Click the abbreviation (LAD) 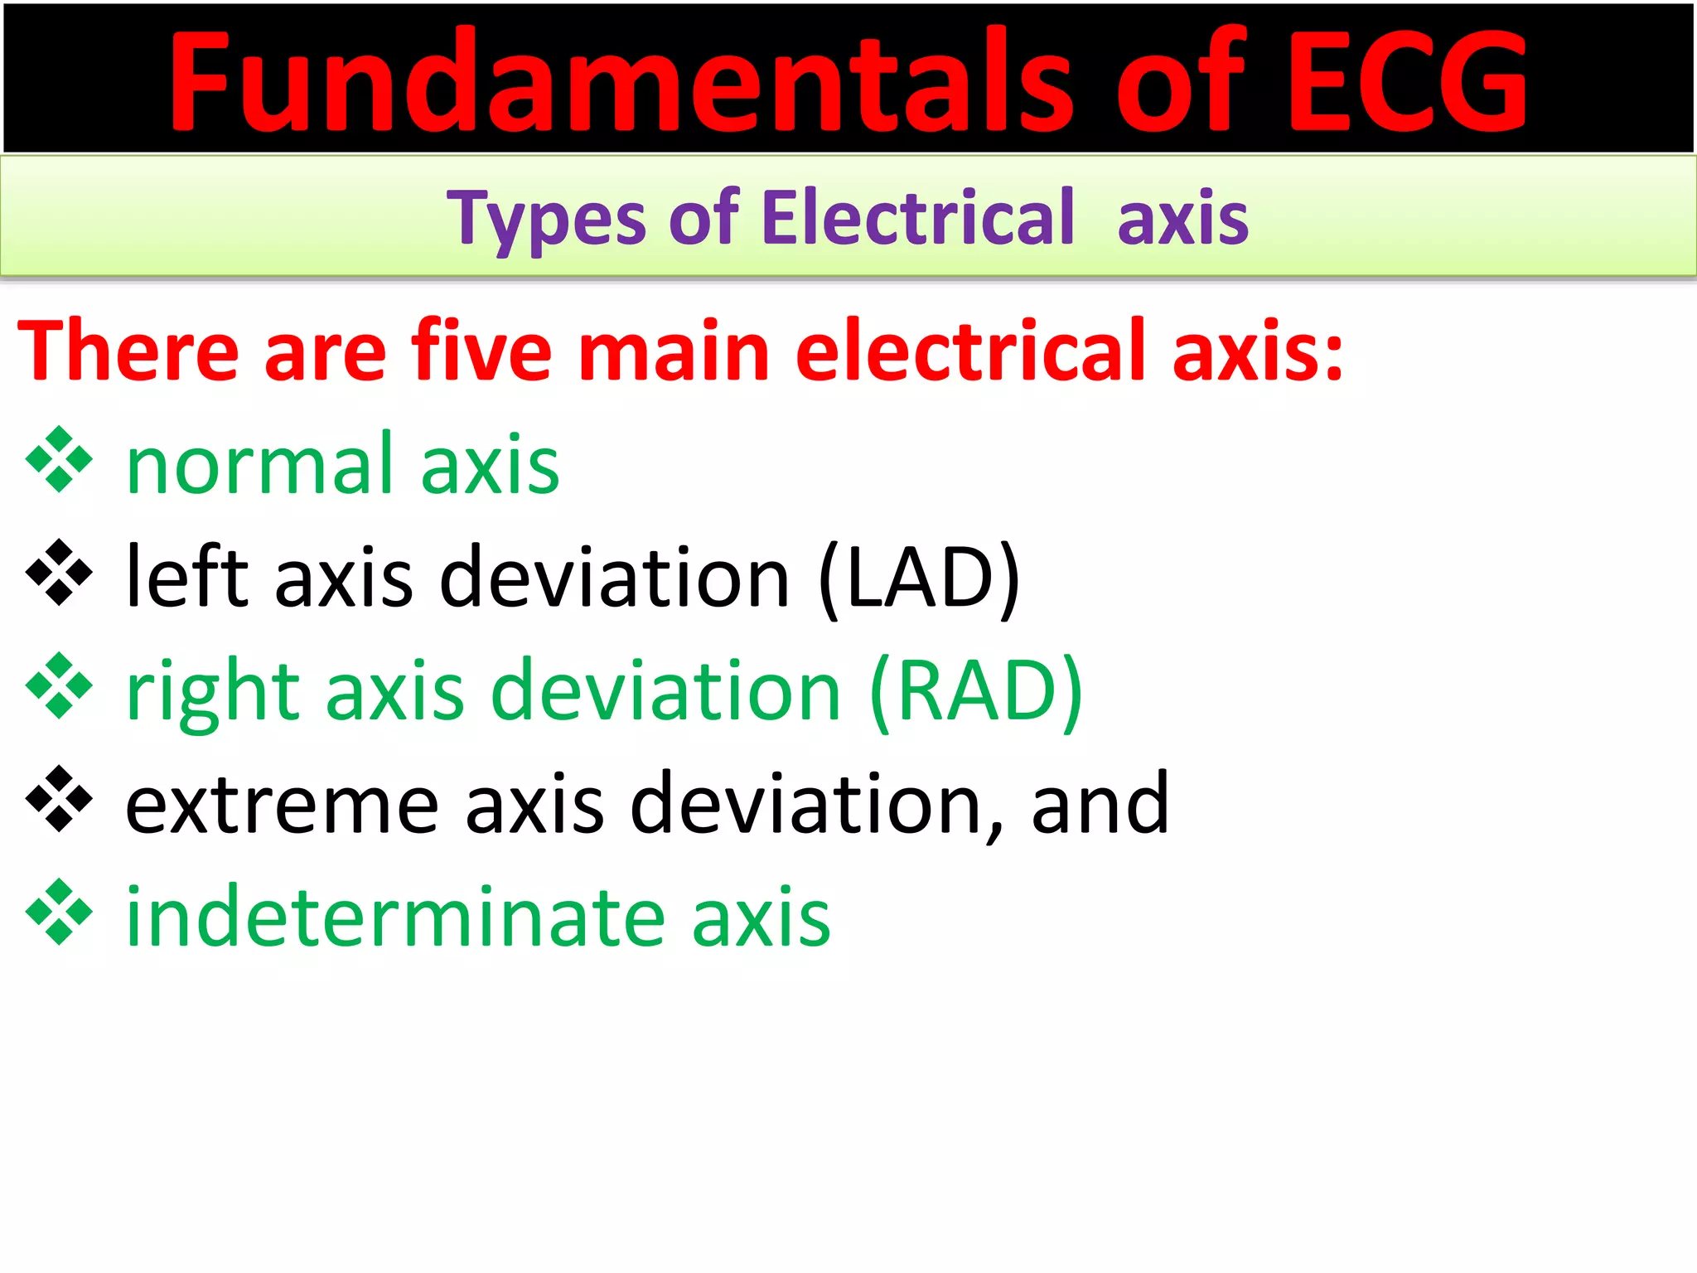tap(919, 578)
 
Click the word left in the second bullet tap(187, 578)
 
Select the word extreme tap(282, 804)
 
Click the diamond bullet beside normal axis tap(59, 459)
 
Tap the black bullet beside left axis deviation tap(59, 573)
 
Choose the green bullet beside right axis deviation tap(59, 685)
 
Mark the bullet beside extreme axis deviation tap(59, 799)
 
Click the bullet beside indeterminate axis tap(59, 912)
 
